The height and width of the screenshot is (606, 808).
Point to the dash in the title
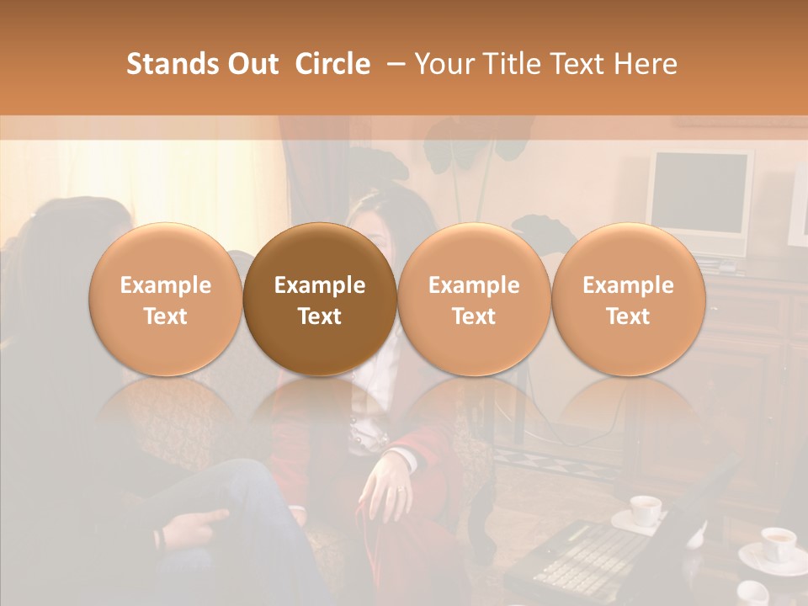pos(392,64)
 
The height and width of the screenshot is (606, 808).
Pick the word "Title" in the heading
pos(508,64)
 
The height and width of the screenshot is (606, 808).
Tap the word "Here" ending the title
pos(647,64)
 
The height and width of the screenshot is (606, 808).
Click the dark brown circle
pos(320,299)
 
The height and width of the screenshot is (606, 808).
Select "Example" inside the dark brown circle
pos(320,285)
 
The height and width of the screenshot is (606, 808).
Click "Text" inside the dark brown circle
pos(320,316)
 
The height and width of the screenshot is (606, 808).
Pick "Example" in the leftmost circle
pos(166,285)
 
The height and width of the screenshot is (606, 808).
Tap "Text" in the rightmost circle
pos(628,316)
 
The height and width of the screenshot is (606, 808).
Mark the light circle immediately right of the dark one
pos(474,299)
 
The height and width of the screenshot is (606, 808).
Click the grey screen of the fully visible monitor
pos(700,194)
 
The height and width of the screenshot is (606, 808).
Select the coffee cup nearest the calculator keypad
pos(646,510)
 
